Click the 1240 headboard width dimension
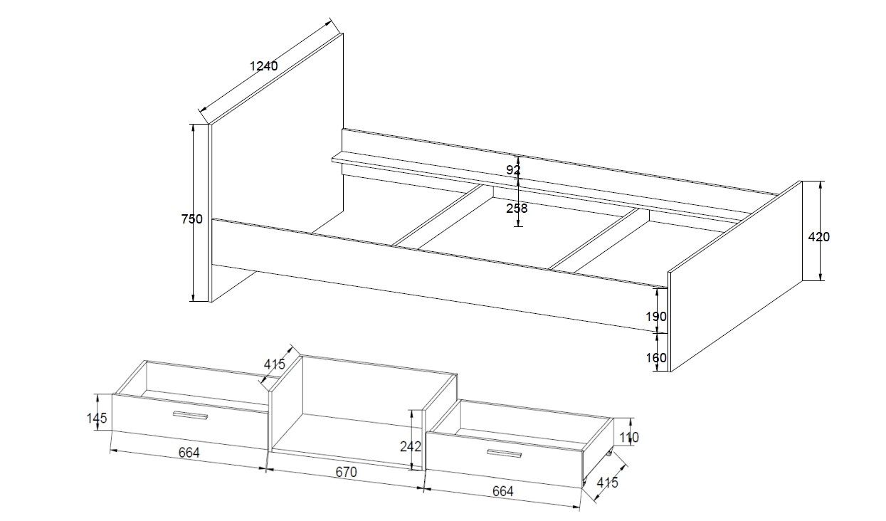coord(264,65)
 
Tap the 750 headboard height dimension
coord(192,219)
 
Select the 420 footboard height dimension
coord(819,237)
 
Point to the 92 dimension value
coord(513,170)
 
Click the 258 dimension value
coord(517,208)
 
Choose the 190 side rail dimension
coord(656,317)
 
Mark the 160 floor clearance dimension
coord(656,357)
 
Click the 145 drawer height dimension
coord(97,418)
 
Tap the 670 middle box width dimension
coord(346,472)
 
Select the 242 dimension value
coord(411,447)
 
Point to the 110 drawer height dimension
coord(629,438)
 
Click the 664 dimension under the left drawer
coord(189,453)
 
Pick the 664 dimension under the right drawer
coord(502,491)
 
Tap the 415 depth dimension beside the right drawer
coord(607,483)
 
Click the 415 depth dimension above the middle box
coord(275,364)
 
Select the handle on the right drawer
coord(504,453)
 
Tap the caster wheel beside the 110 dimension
coord(609,453)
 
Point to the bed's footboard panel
coord(736,276)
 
